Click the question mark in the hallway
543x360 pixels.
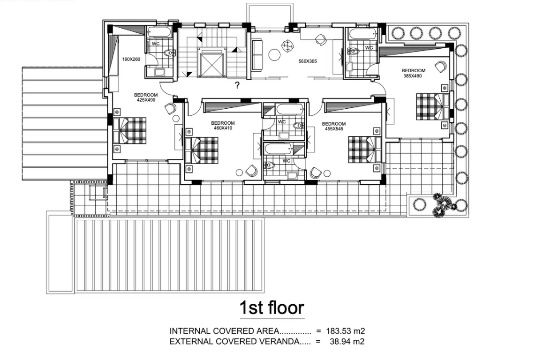tap(237, 85)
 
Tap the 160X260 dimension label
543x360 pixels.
tap(131, 59)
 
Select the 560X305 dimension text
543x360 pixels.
tap(308, 61)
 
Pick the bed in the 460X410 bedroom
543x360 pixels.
tap(202, 150)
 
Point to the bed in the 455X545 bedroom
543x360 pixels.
tap(365, 149)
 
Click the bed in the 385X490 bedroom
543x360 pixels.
tap(433, 106)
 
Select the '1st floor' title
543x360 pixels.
tap(272, 307)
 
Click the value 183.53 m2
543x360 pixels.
tap(345, 331)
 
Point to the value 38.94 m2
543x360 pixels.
tap(347, 342)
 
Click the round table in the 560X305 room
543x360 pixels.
tap(275, 55)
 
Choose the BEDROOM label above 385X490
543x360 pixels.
tap(414, 71)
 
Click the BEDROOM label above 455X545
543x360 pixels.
tap(334, 124)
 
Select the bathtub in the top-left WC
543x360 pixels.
tap(159, 33)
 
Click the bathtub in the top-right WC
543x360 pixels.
tap(362, 34)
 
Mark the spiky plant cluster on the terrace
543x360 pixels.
tap(442, 204)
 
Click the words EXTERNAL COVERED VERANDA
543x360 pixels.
tap(234, 342)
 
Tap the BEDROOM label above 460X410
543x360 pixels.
tap(223, 123)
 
